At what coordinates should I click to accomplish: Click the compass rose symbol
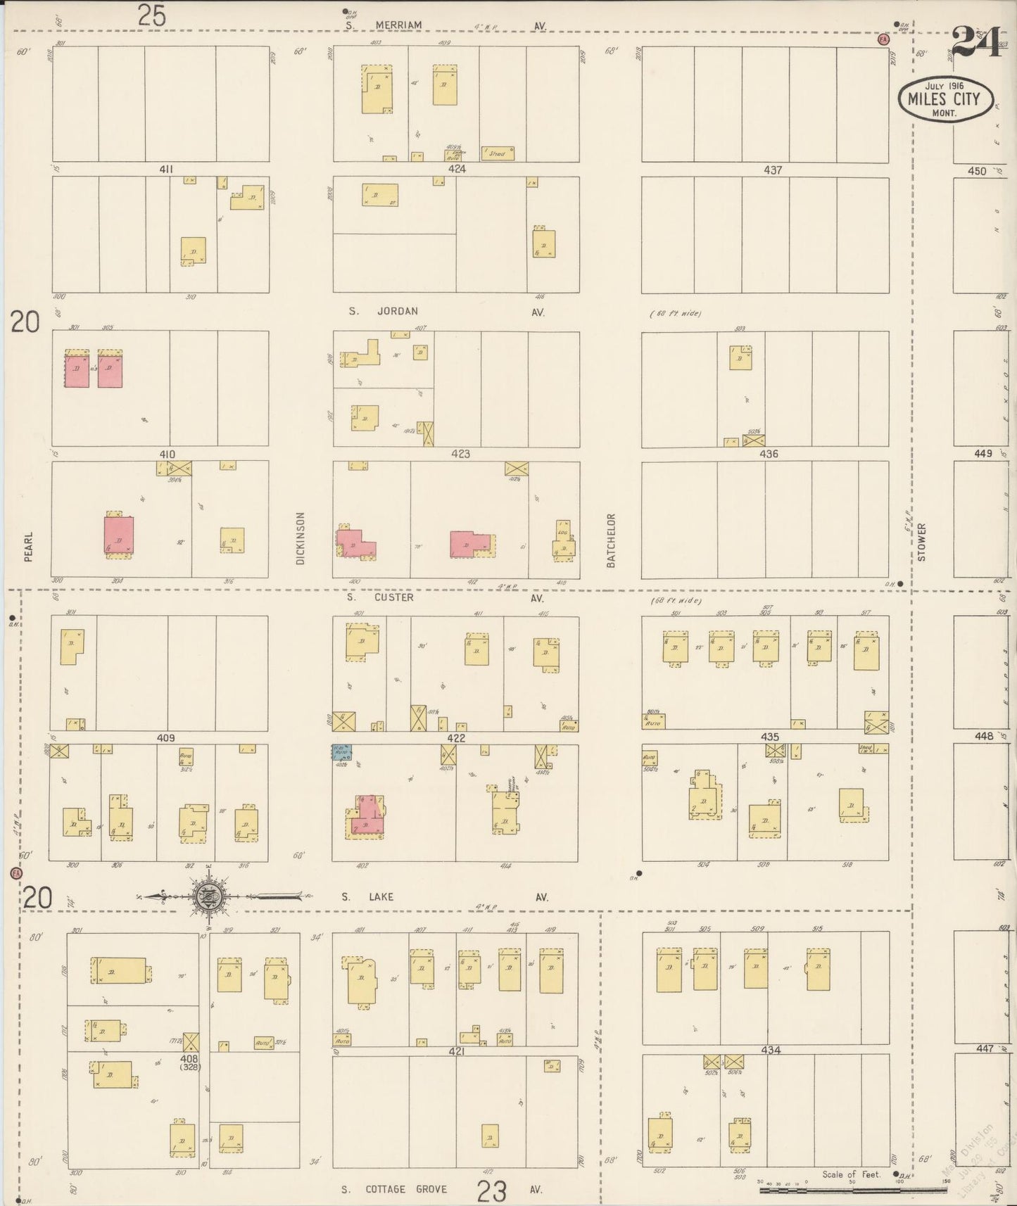[x=210, y=896]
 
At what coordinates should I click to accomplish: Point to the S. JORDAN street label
[x=384, y=311]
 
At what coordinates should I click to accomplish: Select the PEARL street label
[x=29, y=546]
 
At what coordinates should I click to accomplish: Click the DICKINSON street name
[x=301, y=538]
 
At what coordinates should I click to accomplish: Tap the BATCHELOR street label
[x=611, y=540]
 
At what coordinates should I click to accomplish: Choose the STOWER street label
[x=921, y=542]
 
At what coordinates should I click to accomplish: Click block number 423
[x=460, y=454]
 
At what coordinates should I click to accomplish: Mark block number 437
[x=773, y=170]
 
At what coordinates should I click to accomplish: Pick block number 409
[x=165, y=738]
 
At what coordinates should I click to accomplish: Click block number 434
[x=771, y=1050]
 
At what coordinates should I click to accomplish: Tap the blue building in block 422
[x=342, y=751]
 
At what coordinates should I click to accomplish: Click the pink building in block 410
[x=119, y=535]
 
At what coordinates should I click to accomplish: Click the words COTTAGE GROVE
[x=406, y=1189]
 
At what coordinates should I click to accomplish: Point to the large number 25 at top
[x=151, y=15]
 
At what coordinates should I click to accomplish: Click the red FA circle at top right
[x=883, y=39]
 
